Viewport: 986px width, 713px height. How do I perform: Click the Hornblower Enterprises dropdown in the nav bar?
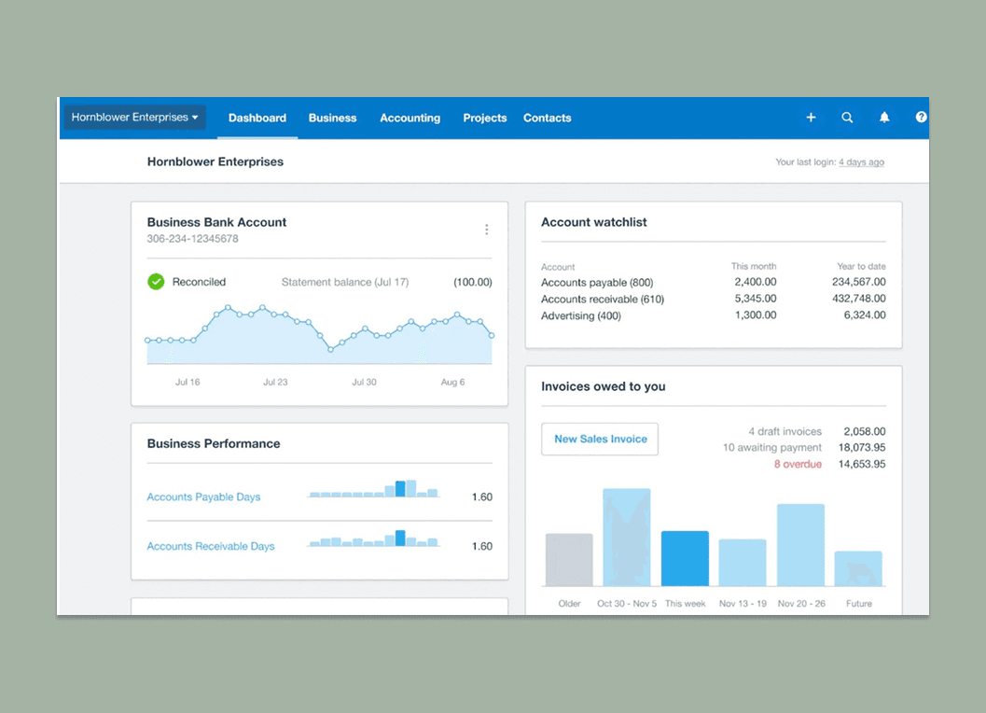click(135, 118)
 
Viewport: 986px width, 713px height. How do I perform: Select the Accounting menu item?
click(410, 118)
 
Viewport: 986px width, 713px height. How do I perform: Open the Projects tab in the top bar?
click(485, 118)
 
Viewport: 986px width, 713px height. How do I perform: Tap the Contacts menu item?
click(547, 118)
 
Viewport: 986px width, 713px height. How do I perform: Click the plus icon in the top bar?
click(811, 118)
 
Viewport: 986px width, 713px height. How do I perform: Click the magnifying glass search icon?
click(847, 118)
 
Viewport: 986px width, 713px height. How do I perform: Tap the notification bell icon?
click(884, 118)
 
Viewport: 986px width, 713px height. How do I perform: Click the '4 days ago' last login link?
click(861, 162)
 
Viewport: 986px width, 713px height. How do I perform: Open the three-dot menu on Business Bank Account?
click(486, 230)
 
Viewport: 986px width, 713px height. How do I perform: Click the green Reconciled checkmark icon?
click(156, 281)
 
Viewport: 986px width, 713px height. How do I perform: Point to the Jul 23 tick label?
click(275, 382)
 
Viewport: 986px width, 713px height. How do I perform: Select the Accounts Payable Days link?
click(203, 497)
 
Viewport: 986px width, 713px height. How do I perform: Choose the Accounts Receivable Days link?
click(211, 546)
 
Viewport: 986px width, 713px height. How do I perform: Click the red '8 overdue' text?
click(798, 464)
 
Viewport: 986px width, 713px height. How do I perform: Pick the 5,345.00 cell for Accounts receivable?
click(755, 300)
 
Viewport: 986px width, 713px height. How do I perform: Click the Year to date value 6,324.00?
click(865, 315)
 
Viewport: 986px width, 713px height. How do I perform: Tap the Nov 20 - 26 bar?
click(800, 545)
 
